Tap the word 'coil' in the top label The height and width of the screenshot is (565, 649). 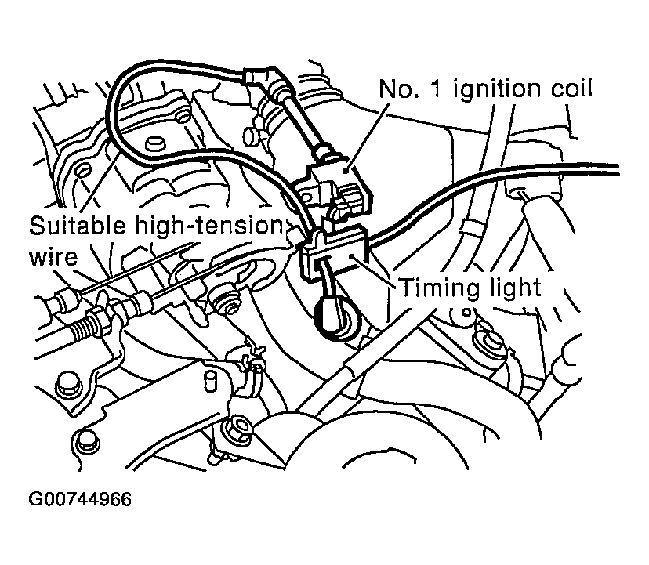pyautogui.click(x=570, y=88)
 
